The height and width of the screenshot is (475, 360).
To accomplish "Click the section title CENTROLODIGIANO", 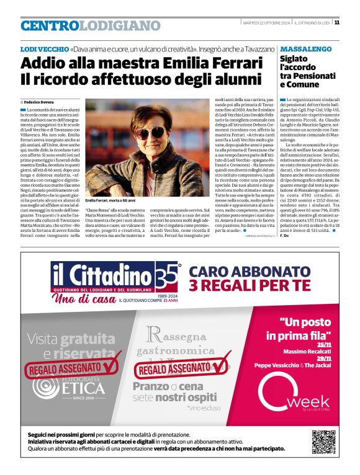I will [90, 25].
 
